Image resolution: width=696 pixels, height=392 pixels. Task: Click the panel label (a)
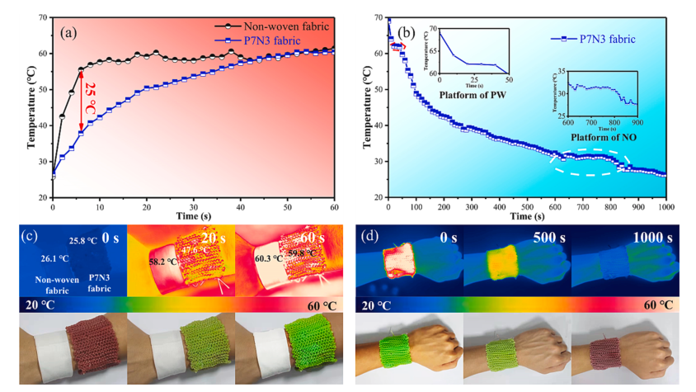(x=70, y=32)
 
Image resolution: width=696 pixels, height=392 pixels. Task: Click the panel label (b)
(x=407, y=33)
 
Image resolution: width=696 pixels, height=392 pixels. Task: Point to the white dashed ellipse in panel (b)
(x=590, y=162)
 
